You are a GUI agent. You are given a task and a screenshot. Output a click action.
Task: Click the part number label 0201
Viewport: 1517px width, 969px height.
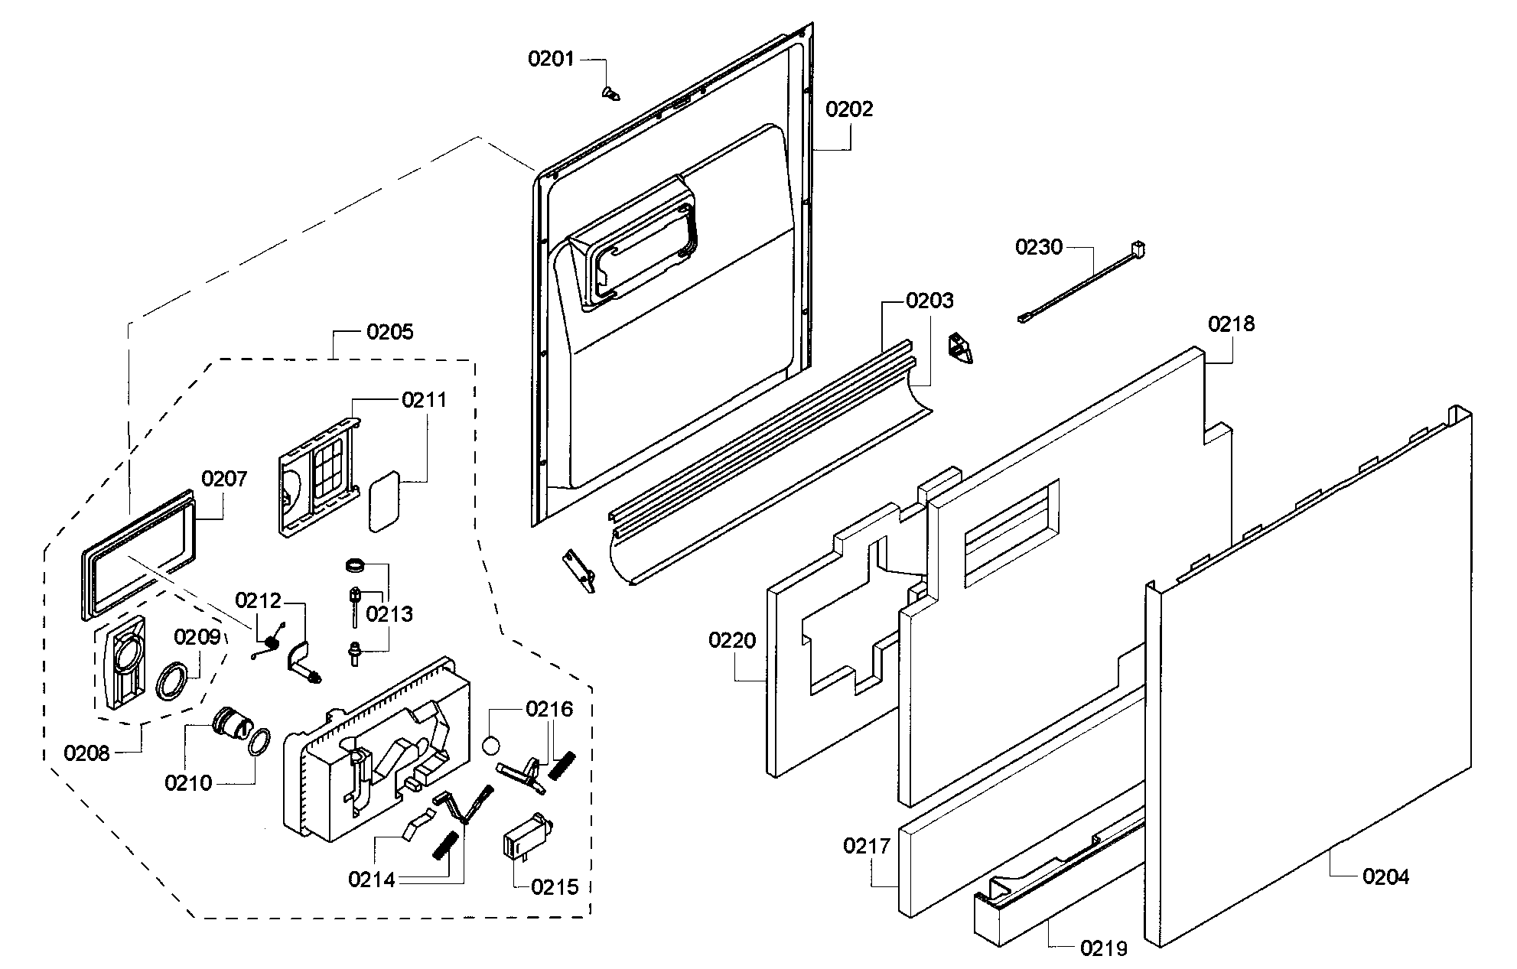point(551,58)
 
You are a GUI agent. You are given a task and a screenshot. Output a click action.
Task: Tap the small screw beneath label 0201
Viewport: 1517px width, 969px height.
point(610,93)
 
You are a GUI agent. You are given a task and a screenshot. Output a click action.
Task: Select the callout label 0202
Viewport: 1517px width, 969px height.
point(849,109)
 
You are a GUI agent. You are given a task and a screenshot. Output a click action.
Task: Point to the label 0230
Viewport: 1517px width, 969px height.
point(1039,247)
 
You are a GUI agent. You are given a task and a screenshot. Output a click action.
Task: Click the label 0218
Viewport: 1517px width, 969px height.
point(1232,324)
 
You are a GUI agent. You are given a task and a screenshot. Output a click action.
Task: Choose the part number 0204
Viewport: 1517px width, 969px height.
point(1385,876)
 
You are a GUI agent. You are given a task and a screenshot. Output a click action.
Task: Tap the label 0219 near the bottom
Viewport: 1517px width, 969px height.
point(1104,948)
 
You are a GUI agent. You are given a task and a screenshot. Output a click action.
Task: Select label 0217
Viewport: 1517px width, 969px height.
point(867,846)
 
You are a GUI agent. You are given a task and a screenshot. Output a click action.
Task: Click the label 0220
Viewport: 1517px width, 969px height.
point(732,640)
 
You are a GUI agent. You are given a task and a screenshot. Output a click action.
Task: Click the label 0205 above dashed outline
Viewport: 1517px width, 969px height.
point(390,332)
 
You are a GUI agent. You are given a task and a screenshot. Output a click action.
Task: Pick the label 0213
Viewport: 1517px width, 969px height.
point(389,614)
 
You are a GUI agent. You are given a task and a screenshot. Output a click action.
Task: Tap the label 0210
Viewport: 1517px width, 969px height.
point(188,783)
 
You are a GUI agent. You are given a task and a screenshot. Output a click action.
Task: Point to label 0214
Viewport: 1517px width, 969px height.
point(371,880)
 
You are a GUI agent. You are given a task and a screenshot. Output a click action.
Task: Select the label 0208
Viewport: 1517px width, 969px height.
point(87,753)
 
